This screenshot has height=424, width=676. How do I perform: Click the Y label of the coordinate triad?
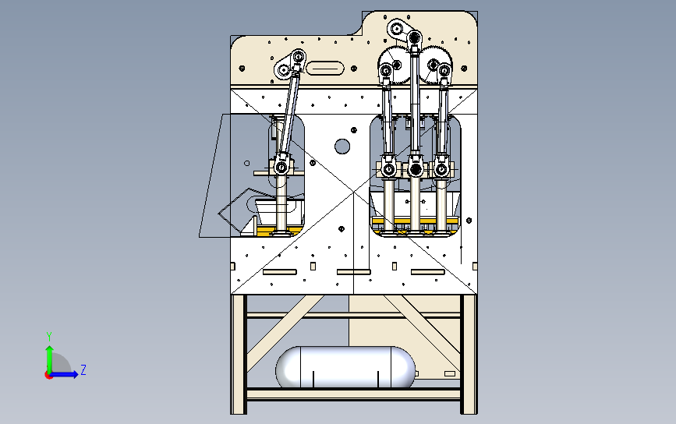point(48,336)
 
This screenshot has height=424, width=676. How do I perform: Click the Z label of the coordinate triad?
point(83,369)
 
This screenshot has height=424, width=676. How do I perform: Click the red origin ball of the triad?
point(48,374)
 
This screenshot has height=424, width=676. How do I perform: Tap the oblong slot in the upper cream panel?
point(325,69)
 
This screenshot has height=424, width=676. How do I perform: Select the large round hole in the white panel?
point(342,146)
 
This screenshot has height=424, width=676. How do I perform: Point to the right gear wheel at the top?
point(438,63)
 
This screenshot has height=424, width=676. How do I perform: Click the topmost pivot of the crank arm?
point(396,30)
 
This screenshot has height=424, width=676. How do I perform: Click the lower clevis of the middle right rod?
point(415,168)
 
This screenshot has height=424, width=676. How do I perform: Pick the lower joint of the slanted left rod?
point(281,166)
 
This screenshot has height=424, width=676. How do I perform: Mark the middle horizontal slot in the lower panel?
point(353,272)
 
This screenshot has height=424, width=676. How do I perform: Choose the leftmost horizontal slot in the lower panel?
point(281,272)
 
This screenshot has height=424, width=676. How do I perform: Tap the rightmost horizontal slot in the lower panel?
point(427,272)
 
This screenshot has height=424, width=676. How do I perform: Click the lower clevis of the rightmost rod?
point(442,168)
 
